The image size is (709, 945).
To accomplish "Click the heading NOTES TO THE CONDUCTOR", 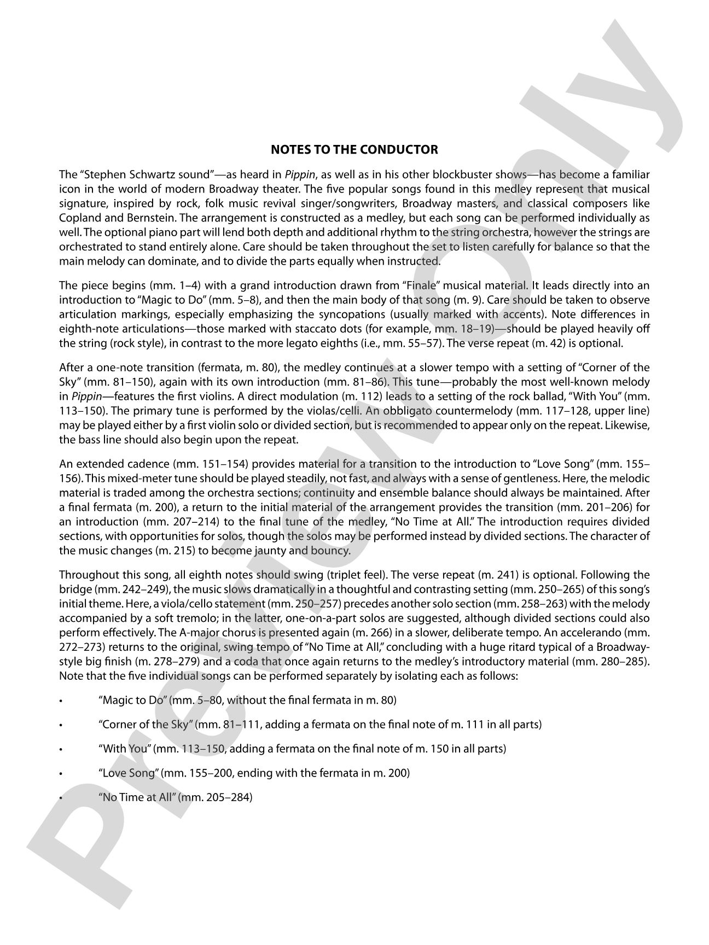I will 354,150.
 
